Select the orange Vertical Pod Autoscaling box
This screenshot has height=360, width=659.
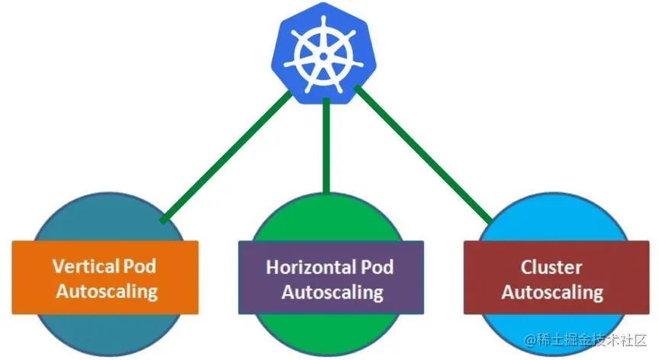(105, 278)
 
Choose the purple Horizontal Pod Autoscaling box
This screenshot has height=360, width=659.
(330, 278)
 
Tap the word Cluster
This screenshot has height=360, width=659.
(551, 267)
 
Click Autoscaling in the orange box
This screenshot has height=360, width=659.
(105, 291)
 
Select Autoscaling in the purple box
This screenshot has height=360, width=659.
(330, 291)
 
